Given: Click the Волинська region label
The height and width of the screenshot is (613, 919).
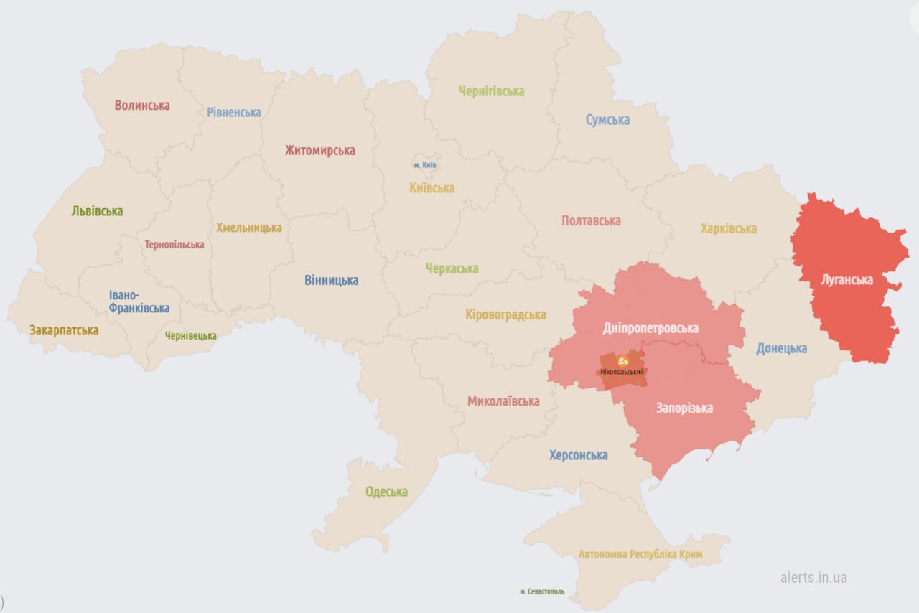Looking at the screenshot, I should (x=142, y=106).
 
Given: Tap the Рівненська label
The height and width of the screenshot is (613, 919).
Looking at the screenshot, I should (x=234, y=112).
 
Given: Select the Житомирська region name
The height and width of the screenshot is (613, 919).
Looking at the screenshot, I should (x=319, y=151).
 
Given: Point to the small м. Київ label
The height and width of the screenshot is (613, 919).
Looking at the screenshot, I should (x=425, y=165).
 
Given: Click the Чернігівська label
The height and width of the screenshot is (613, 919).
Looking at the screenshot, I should (x=492, y=91).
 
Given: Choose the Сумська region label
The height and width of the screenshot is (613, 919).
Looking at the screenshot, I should (x=607, y=120).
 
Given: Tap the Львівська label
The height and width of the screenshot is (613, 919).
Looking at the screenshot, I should (x=97, y=211).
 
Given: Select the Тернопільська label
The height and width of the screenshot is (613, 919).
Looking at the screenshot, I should (x=174, y=245).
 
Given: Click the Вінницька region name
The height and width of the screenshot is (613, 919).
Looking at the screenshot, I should (x=331, y=281).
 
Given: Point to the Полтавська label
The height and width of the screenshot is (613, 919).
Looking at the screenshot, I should (x=591, y=220).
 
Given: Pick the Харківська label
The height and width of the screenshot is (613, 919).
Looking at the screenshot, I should (x=729, y=229).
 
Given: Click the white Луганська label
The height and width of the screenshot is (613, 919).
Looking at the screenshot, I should (x=847, y=280).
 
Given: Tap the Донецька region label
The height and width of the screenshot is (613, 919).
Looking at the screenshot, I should (x=781, y=349).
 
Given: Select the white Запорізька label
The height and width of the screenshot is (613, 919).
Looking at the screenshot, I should (x=684, y=408).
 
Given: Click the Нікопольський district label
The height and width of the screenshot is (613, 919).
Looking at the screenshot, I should (x=622, y=372).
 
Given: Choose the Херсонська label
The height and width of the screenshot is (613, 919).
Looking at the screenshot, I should (x=578, y=455).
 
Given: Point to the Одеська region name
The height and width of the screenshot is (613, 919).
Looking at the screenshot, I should (x=386, y=492).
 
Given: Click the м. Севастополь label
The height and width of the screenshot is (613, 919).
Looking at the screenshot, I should (x=542, y=591).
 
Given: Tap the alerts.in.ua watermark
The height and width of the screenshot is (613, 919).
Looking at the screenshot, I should (x=813, y=577).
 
